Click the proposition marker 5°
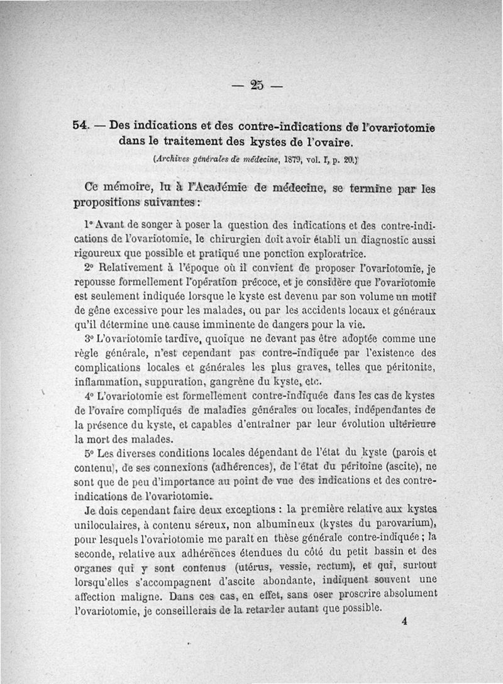click(x=88, y=452)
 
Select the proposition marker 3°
click(x=88, y=340)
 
